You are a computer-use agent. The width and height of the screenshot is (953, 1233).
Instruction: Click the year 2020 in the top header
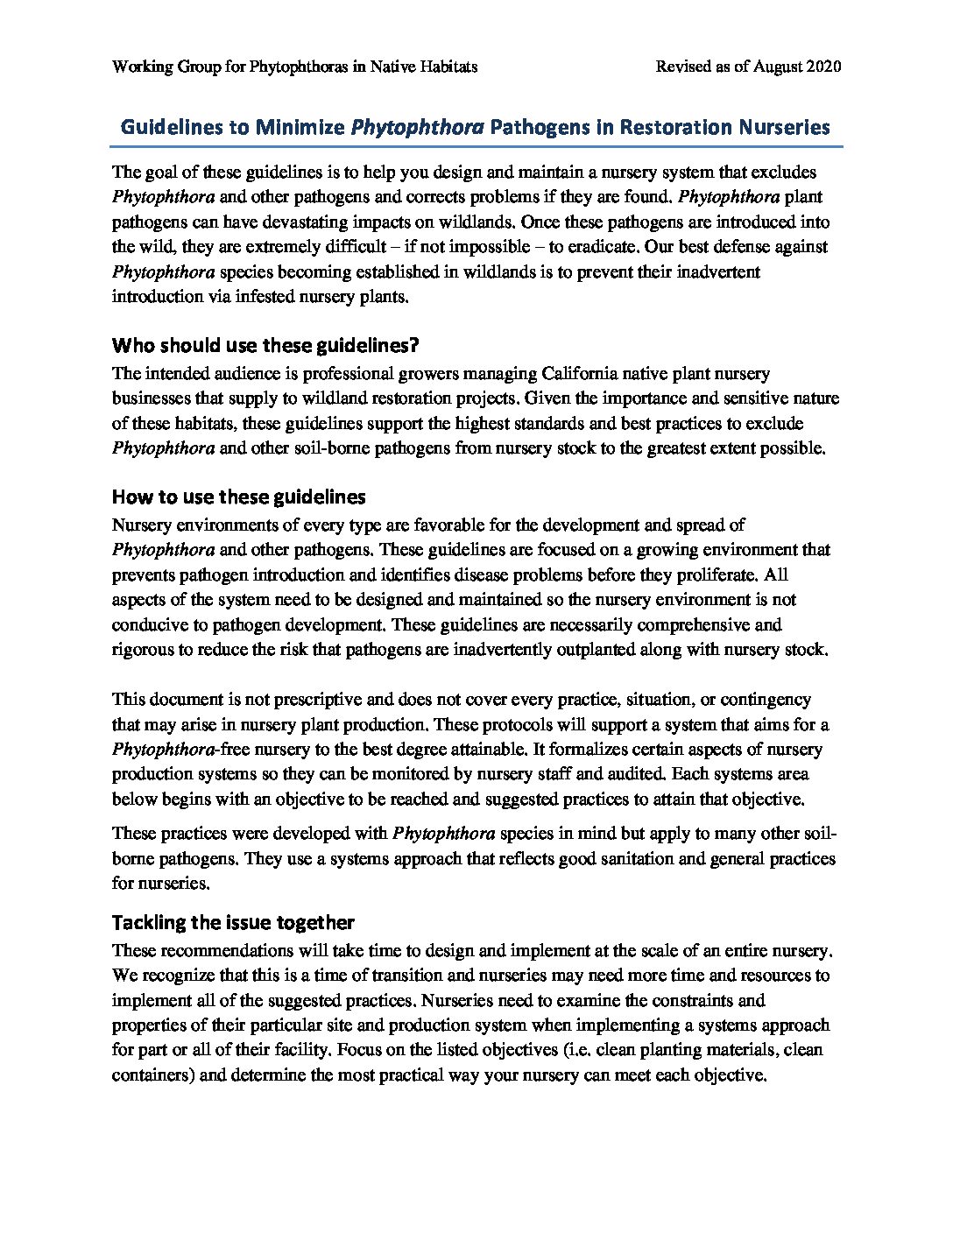tap(824, 67)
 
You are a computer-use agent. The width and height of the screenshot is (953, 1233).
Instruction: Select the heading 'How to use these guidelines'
tap(238, 497)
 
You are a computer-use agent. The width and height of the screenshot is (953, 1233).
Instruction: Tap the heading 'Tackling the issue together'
tap(233, 922)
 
